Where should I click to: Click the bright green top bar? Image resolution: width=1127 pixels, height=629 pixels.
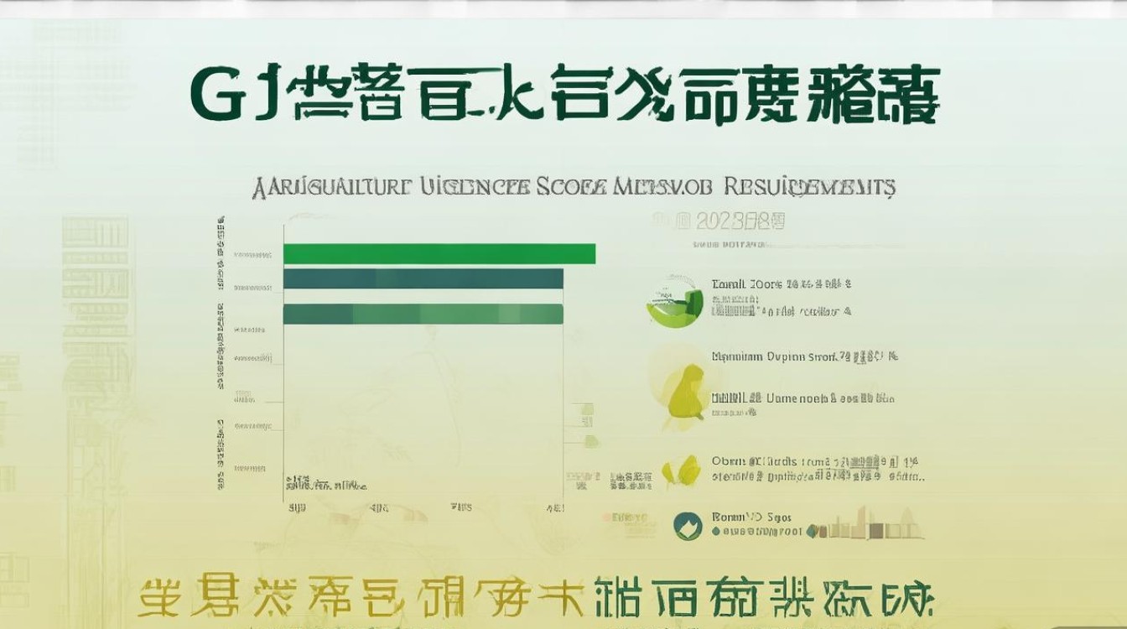[x=439, y=253]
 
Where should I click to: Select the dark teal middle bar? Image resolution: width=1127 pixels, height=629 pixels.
[x=423, y=278]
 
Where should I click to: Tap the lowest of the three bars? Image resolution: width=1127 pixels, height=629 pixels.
[x=423, y=314]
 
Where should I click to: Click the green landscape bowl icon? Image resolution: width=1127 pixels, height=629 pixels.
[x=675, y=300]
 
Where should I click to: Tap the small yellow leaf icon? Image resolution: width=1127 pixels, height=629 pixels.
[x=682, y=472]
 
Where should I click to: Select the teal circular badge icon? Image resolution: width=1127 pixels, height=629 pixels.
[x=688, y=526]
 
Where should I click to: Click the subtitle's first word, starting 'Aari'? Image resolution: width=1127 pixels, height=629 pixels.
[x=331, y=186]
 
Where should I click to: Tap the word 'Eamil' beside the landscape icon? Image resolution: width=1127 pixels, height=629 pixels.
[x=729, y=284]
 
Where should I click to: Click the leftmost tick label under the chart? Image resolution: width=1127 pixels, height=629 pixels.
[x=296, y=507]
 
